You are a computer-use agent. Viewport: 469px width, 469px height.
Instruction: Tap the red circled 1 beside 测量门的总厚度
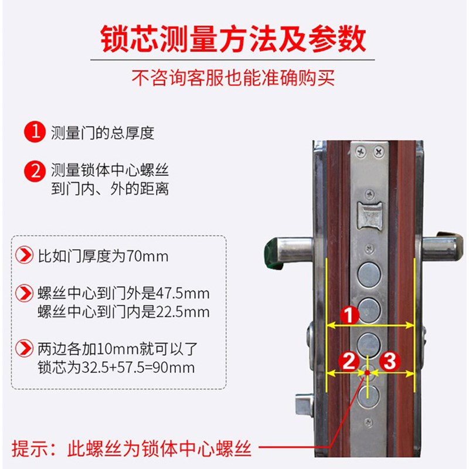click(x=35, y=132)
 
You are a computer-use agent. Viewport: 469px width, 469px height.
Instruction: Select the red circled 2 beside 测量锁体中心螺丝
click(x=35, y=172)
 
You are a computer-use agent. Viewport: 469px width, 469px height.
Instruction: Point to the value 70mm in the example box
click(x=147, y=256)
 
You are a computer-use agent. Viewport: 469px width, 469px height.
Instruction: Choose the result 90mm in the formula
click(x=176, y=368)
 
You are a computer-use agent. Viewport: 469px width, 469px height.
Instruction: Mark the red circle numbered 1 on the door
click(x=350, y=315)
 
